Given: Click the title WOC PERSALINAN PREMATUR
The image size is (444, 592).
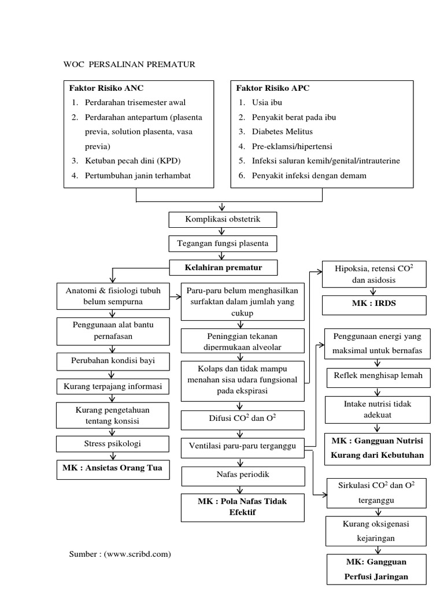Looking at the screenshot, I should click(129, 64).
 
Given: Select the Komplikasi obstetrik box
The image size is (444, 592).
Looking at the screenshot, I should click(223, 220).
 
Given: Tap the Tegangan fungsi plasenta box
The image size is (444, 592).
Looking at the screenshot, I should click(223, 244).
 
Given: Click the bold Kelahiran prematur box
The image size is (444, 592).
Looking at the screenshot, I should click(223, 268).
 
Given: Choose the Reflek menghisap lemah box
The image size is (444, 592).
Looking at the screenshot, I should click(378, 376).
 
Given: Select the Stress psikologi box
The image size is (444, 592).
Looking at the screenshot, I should click(113, 444).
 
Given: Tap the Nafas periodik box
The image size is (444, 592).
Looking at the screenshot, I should click(243, 475).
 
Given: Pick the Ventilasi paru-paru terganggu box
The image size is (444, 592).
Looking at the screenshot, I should click(243, 446).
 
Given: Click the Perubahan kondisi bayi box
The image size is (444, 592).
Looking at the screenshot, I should click(113, 362).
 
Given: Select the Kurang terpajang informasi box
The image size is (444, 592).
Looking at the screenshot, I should click(113, 386).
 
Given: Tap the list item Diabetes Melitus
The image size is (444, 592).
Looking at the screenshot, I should click(282, 132).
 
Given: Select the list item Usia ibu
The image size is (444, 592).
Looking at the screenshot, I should click(267, 103).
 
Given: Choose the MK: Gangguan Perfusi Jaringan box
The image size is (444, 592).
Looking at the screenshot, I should click(376, 569).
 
